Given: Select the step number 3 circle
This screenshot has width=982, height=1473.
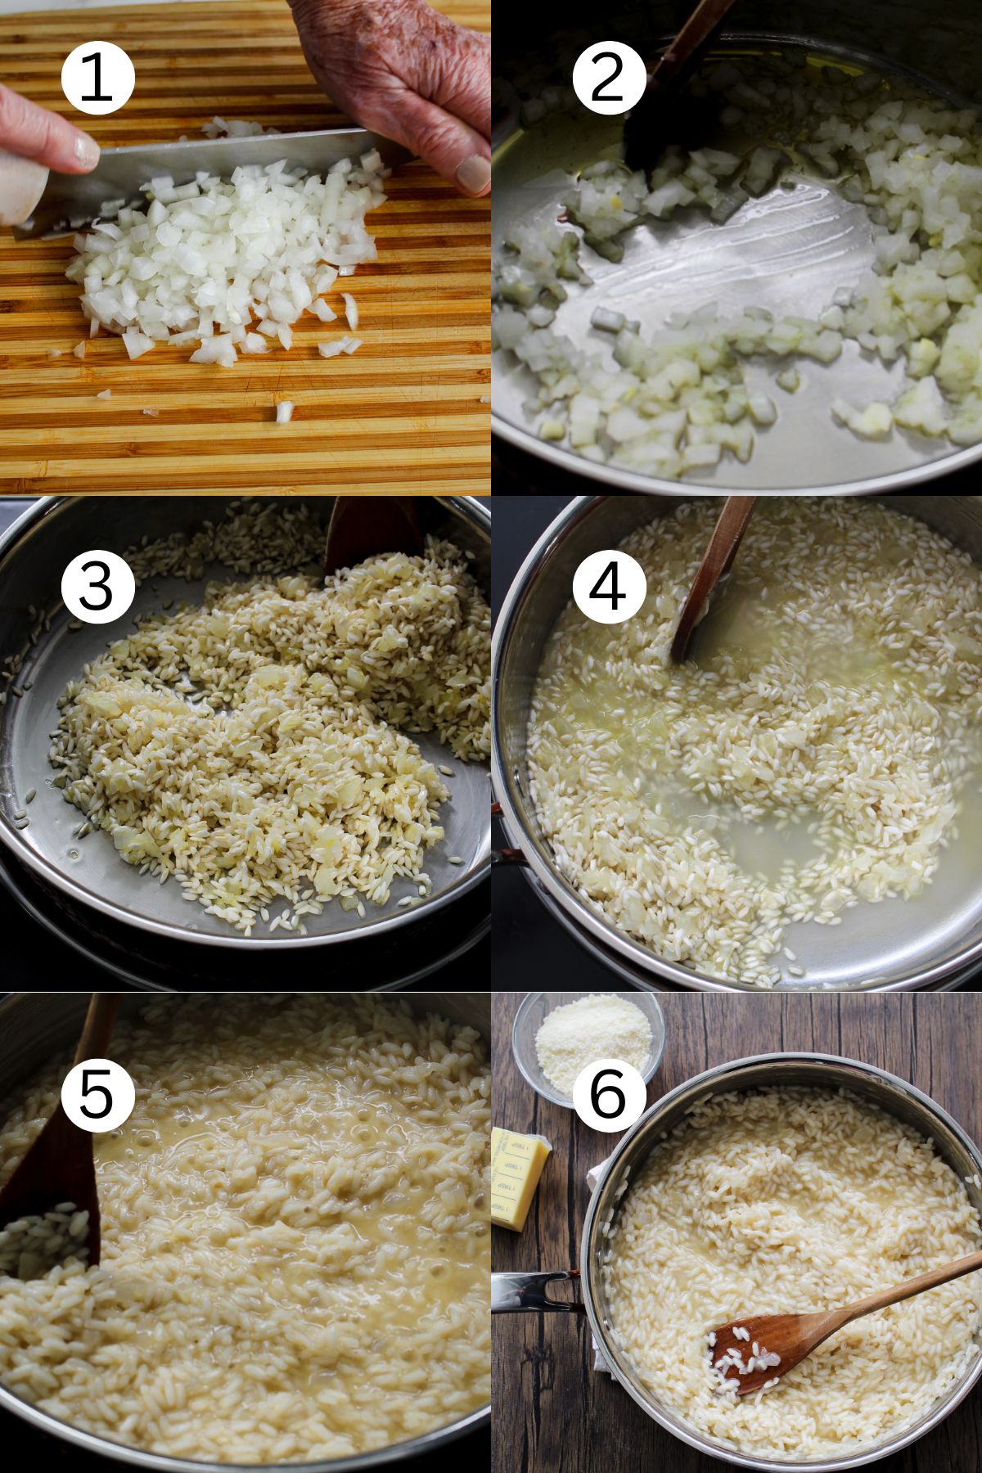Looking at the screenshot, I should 97,586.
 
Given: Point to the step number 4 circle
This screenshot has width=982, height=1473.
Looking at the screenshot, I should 609,586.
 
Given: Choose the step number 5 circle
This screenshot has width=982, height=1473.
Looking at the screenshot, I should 97,1095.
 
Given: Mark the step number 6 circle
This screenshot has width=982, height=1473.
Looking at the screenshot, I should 609,1095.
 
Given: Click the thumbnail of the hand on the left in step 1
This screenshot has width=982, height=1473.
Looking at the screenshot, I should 85,149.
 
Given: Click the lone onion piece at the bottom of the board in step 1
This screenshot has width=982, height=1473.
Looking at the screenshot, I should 284,411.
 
